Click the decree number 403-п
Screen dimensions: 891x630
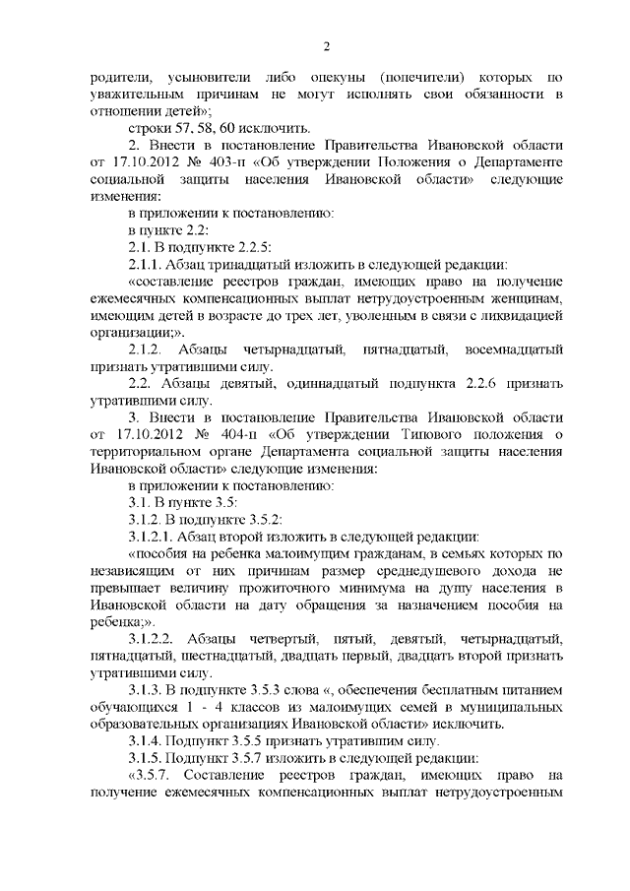click(x=215, y=162)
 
